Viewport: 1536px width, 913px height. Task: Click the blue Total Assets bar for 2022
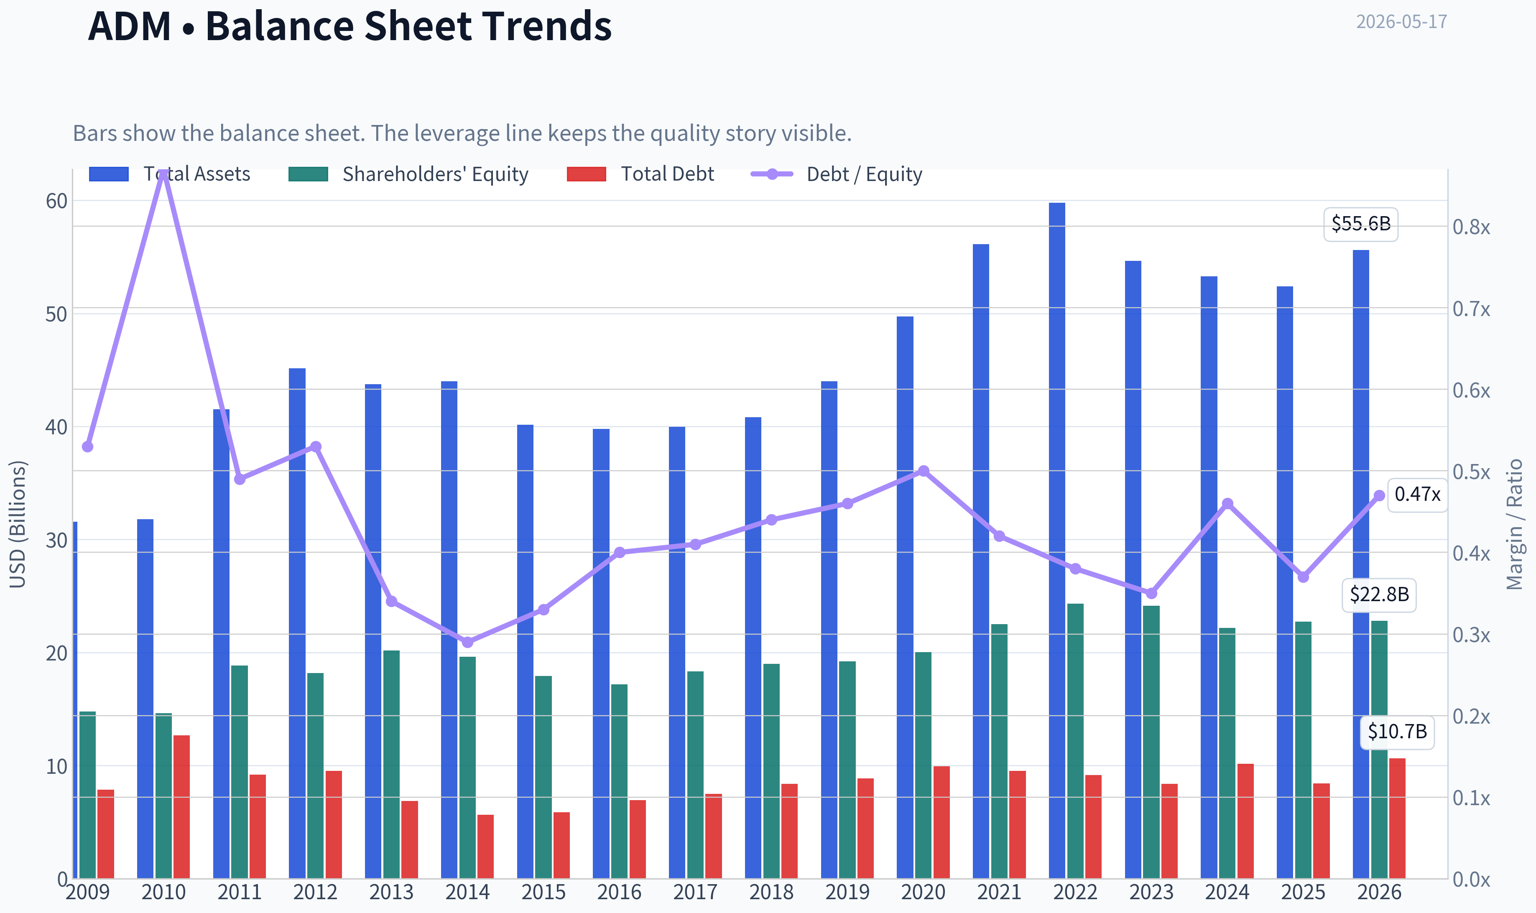1057,540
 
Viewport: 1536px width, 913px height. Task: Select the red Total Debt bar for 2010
181,806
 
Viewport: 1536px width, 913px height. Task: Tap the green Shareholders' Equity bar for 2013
391,764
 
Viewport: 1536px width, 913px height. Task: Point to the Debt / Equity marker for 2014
467,642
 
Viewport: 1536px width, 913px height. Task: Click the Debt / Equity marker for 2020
924,471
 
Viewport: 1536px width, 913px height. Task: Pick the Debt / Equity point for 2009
87,446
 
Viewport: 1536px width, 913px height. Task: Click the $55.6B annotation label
1361,223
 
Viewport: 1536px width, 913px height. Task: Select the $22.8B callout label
1379,594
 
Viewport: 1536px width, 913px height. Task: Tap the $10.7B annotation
1397,732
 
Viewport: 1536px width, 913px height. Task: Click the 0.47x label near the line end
1417,494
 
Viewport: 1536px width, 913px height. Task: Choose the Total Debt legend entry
640,174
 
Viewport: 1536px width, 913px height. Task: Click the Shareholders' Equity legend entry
408,174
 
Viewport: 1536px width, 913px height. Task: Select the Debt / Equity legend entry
837,174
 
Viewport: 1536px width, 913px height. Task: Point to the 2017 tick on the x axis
695,892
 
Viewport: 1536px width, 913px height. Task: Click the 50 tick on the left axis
56,314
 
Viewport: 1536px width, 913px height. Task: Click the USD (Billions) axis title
18,524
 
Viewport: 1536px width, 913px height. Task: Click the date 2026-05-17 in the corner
1401,22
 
